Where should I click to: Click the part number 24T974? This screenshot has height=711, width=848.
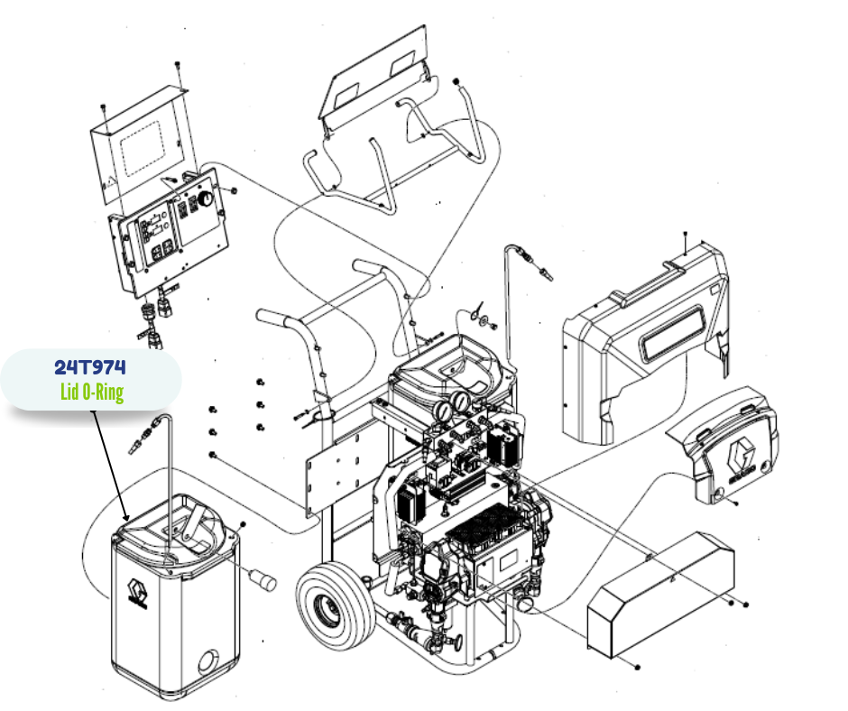tap(89, 367)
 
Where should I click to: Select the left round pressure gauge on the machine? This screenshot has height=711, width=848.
tap(445, 409)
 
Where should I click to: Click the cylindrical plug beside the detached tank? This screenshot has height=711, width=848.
tap(263, 578)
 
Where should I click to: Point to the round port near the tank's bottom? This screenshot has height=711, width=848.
tap(207, 663)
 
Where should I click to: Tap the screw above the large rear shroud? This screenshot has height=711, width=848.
tap(686, 236)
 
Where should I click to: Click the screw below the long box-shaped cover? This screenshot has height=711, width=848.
tap(638, 667)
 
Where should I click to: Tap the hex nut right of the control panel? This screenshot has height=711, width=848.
tap(234, 191)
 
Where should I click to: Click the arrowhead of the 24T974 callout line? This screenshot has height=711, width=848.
tap(127, 519)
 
